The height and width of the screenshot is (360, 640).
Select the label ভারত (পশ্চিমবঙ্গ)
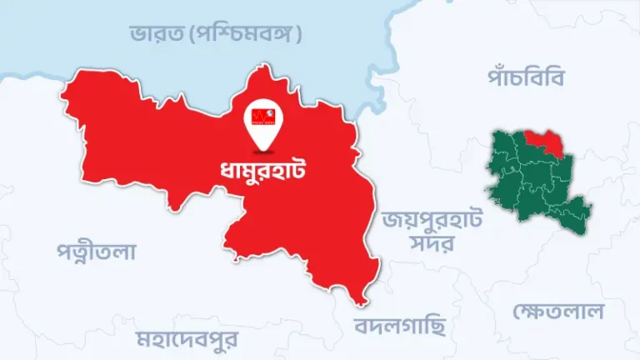(216, 34)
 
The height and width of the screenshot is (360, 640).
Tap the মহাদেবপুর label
(187, 339)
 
